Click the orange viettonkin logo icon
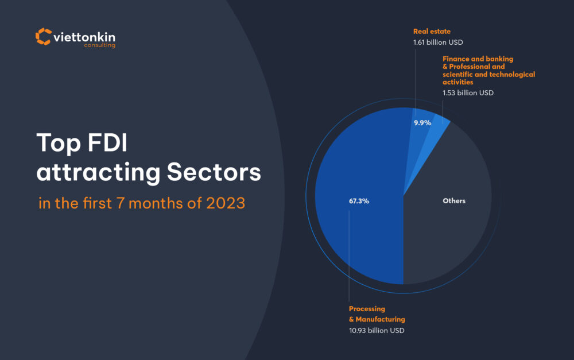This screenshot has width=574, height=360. tap(43, 36)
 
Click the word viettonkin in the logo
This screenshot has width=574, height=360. tap(83, 37)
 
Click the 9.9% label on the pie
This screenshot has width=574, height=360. tap(422, 123)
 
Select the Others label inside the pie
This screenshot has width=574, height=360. tap(454, 201)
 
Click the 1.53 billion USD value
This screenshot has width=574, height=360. tap(468, 92)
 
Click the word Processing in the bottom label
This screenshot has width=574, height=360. tap(367, 309)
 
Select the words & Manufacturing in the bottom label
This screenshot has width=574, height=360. tap(377, 319)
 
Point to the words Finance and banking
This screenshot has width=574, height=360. tap(478, 59)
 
